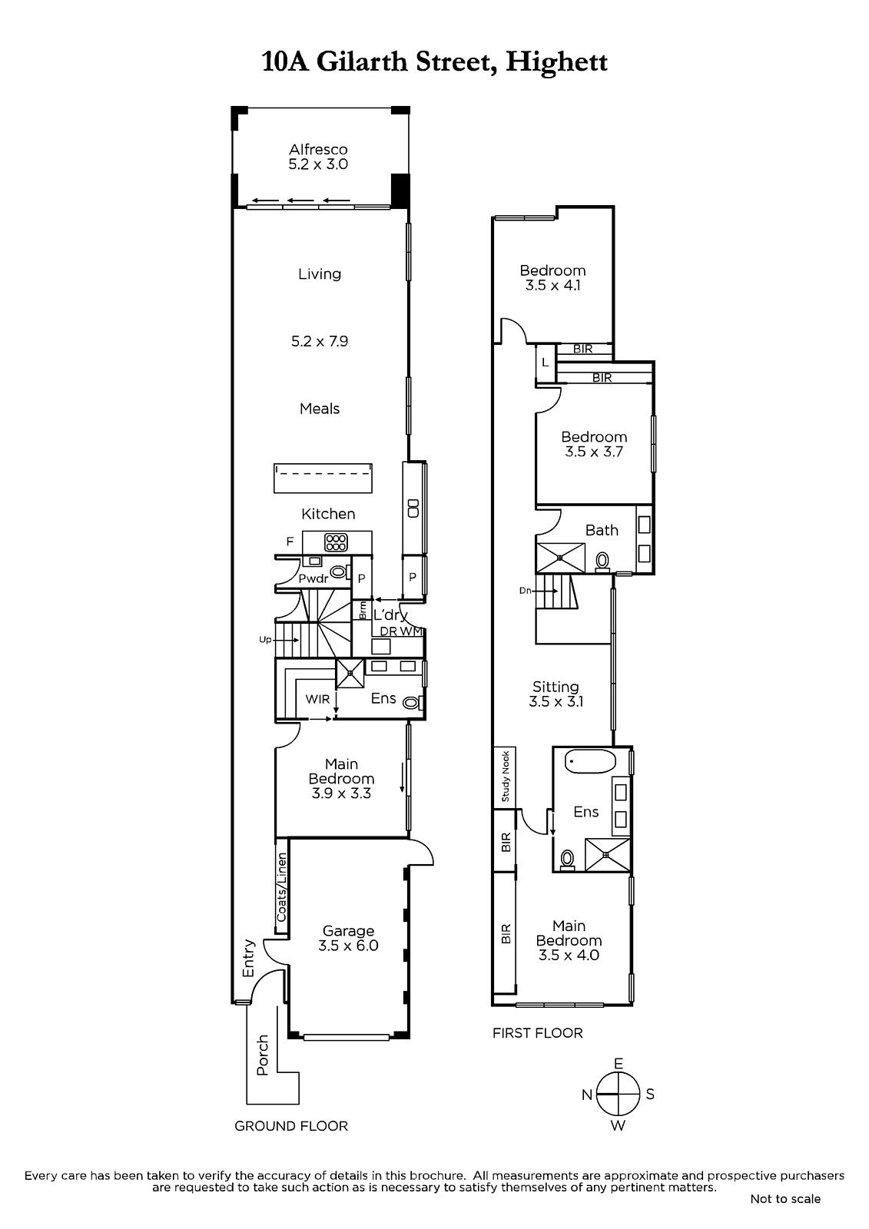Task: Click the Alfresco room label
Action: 318,149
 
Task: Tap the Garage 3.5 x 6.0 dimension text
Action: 348,946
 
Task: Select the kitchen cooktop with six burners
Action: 336,542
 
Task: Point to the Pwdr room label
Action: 313,578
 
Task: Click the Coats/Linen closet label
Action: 282,887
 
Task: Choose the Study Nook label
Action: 506,777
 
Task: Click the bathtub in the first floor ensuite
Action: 590,761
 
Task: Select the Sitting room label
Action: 556,687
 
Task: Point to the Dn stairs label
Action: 526,591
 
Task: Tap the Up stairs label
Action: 265,640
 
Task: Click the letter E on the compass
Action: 618,1064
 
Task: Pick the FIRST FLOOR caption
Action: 537,1033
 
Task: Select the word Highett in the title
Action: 556,62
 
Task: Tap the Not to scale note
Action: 785,1199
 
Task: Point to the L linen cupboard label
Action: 545,363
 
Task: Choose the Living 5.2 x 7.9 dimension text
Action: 320,341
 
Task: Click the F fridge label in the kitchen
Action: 290,542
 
